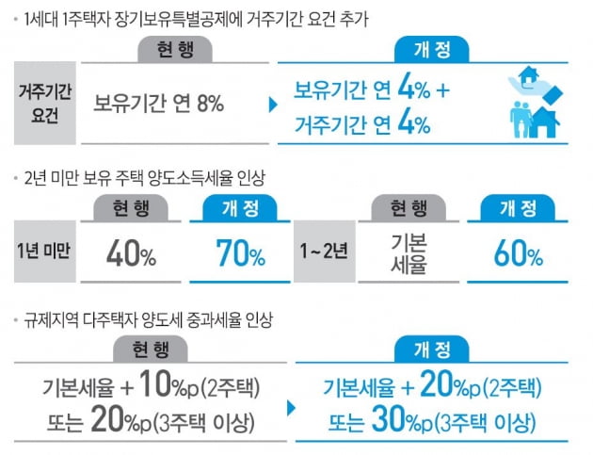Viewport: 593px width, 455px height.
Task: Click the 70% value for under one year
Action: (240, 252)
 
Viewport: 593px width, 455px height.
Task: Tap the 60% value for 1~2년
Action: (518, 254)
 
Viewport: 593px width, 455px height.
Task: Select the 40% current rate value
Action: (132, 252)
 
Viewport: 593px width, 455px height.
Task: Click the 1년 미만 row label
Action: (43, 252)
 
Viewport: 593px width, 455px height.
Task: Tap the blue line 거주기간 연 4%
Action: (362, 122)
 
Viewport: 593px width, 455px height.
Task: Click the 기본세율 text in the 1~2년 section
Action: (408, 252)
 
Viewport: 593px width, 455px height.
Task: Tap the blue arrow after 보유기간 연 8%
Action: (273, 104)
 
